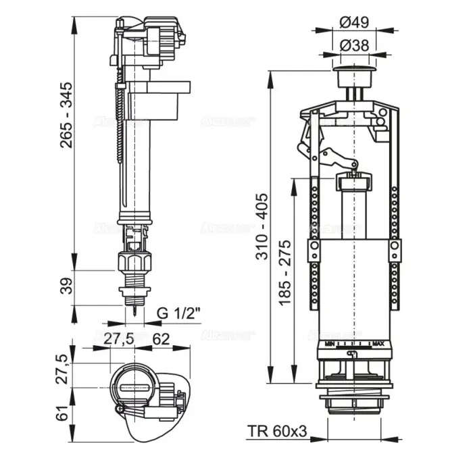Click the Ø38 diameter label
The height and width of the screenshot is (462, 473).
(x=354, y=46)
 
